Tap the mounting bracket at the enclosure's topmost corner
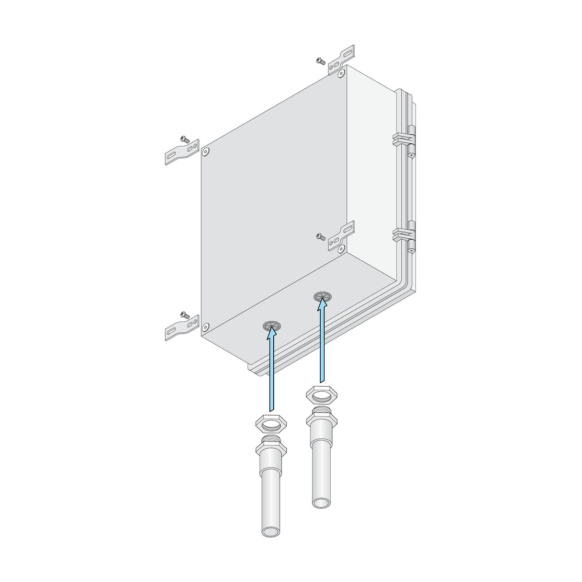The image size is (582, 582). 342,59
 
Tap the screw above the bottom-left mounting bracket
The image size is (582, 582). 185,314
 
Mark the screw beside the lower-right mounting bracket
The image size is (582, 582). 321,236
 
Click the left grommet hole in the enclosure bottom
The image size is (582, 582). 271,326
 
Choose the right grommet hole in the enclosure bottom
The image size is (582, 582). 322,296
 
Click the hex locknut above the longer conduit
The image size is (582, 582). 271,424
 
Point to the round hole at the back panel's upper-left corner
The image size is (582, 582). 206,151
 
